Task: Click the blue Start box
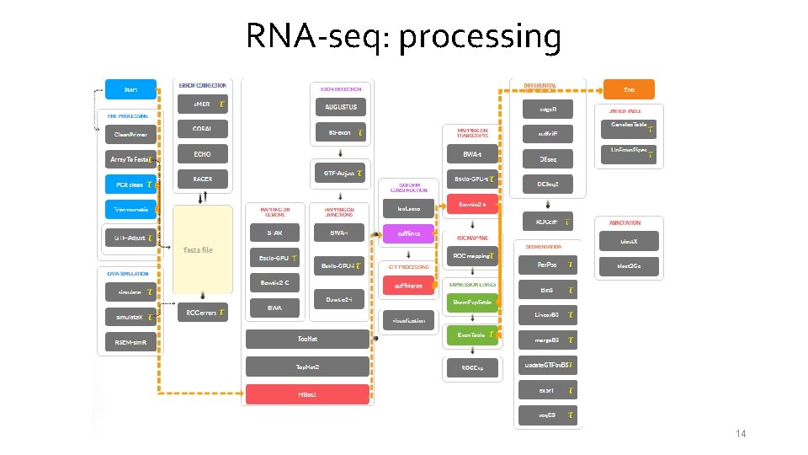click(x=130, y=89)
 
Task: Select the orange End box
click(x=629, y=89)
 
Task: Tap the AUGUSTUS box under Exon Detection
click(x=341, y=107)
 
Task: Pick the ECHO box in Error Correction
click(x=202, y=154)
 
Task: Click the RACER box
click(x=202, y=179)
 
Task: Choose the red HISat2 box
click(x=306, y=394)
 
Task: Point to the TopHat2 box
click(x=306, y=367)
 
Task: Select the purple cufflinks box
click(x=408, y=233)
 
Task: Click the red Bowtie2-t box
click(x=472, y=204)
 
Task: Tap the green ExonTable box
click(x=471, y=335)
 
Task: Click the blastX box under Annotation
click(x=629, y=241)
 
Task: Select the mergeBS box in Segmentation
click(x=547, y=340)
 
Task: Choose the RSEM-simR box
click(x=130, y=342)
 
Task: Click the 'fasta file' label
click(x=199, y=250)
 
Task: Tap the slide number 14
click(x=741, y=434)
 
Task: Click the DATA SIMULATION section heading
click(x=128, y=274)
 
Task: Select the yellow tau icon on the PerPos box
click(x=571, y=265)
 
